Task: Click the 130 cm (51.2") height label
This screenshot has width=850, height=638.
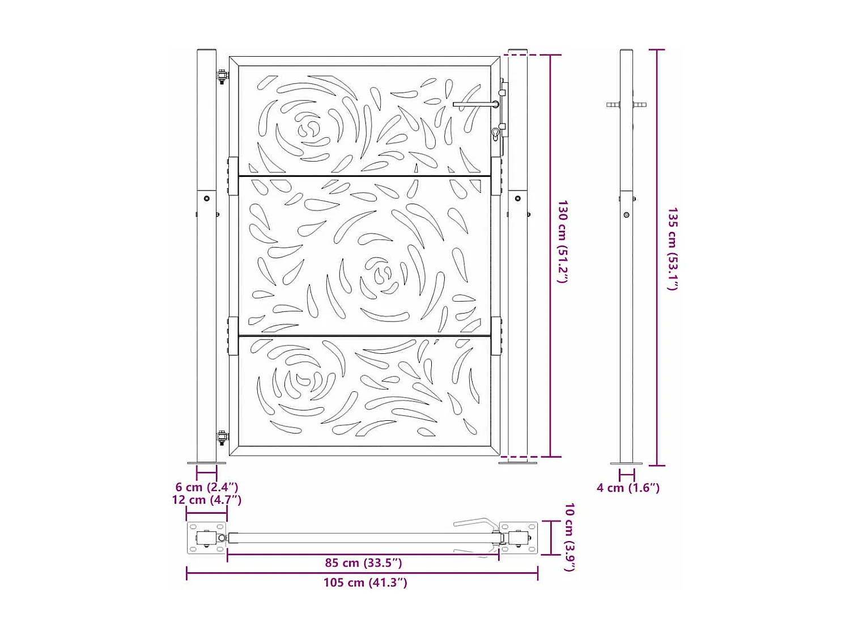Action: (563, 241)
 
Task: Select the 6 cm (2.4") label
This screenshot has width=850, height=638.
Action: (207, 487)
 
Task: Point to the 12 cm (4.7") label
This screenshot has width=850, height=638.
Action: (207, 500)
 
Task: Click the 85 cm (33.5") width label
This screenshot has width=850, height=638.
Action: (363, 563)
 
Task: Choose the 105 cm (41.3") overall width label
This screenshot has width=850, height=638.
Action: (365, 582)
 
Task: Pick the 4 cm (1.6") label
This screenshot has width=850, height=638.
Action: (628, 488)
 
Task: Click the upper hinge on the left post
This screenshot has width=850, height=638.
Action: (222, 76)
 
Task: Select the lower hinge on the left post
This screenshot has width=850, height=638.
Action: (222, 437)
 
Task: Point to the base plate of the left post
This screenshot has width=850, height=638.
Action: (206, 463)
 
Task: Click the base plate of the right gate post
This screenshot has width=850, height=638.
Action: (517, 463)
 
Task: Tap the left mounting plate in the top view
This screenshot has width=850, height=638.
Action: (207, 538)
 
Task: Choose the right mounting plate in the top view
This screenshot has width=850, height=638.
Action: (518, 538)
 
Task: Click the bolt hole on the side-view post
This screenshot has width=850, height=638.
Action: (626, 215)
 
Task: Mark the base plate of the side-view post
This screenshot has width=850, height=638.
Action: (626, 463)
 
